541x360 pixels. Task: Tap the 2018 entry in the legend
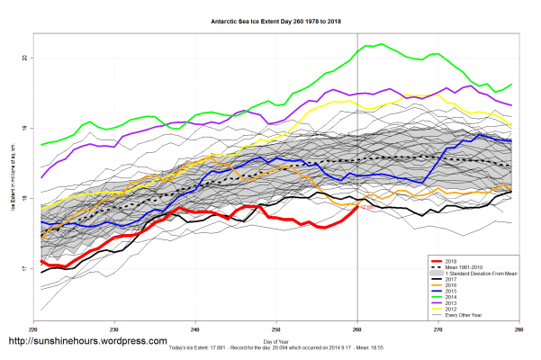coord(451,259)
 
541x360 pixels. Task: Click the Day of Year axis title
coord(277,343)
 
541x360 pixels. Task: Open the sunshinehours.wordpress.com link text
coord(87,342)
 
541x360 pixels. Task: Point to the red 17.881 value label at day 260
coord(366,208)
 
